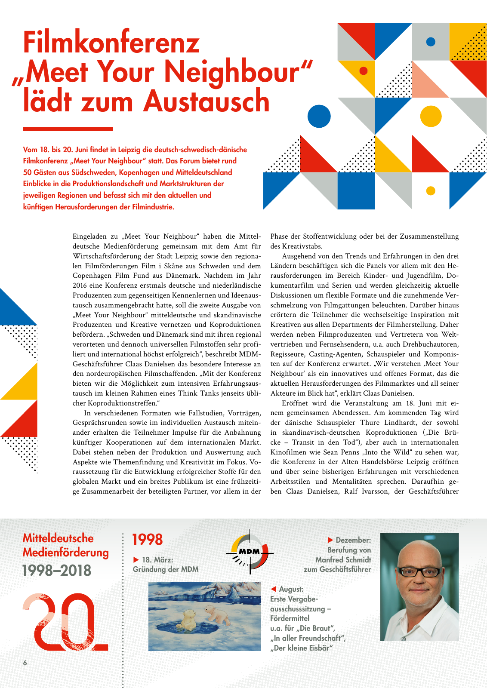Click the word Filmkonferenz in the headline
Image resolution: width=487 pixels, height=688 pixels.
(x=111, y=43)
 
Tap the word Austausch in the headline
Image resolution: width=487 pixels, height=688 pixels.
(x=207, y=101)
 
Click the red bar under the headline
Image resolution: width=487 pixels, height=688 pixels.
(x=68, y=129)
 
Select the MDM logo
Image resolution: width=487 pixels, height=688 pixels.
(x=250, y=552)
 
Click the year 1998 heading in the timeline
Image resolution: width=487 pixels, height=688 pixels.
(x=147, y=539)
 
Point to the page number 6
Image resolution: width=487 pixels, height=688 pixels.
(x=25, y=663)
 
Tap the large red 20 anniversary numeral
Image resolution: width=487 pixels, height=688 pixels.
(x=65, y=622)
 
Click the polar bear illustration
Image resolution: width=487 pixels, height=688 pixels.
(x=204, y=616)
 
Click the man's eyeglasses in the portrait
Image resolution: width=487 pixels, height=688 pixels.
(x=419, y=572)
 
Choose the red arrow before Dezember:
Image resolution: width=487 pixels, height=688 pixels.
(x=330, y=540)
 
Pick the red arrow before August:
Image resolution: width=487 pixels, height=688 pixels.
(x=273, y=589)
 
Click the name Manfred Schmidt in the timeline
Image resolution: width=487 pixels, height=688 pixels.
(x=343, y=559)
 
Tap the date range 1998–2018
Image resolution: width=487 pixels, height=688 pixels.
(x=57, y=571)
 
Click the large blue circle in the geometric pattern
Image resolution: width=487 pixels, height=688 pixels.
(x=319, y=116)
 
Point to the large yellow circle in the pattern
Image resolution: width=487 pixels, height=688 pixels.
(x=430, y=116)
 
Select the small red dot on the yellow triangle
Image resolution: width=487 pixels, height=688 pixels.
(x=363, y=71)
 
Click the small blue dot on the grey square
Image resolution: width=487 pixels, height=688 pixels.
(x=430, y=42)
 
